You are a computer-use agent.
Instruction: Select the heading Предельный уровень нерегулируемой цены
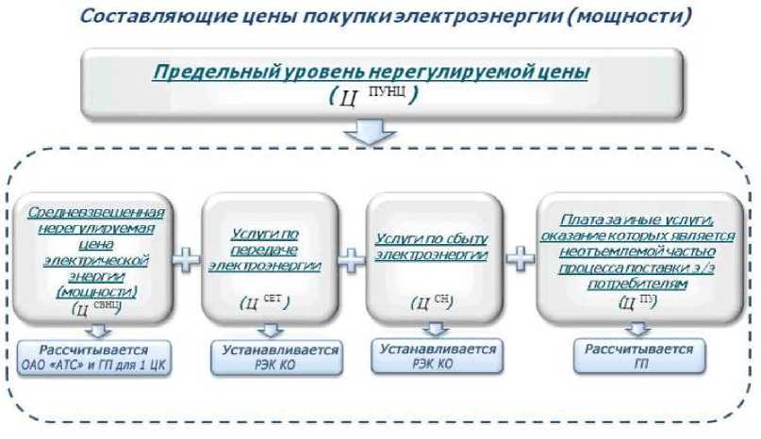[x=372, y=72]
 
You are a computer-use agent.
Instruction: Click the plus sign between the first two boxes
[x=189, y=257]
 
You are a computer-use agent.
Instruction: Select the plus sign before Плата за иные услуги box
[x=519, y=256]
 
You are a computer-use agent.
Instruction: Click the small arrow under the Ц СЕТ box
[x=273, y=331]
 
